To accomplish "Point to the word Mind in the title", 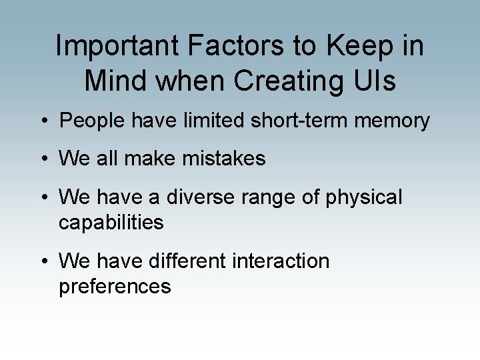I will pyautogui.click(x=115, y=81).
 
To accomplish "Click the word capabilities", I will pyautogui.click(x=111, y=223).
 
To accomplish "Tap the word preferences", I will pyautogui.click(x=115, y=287).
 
